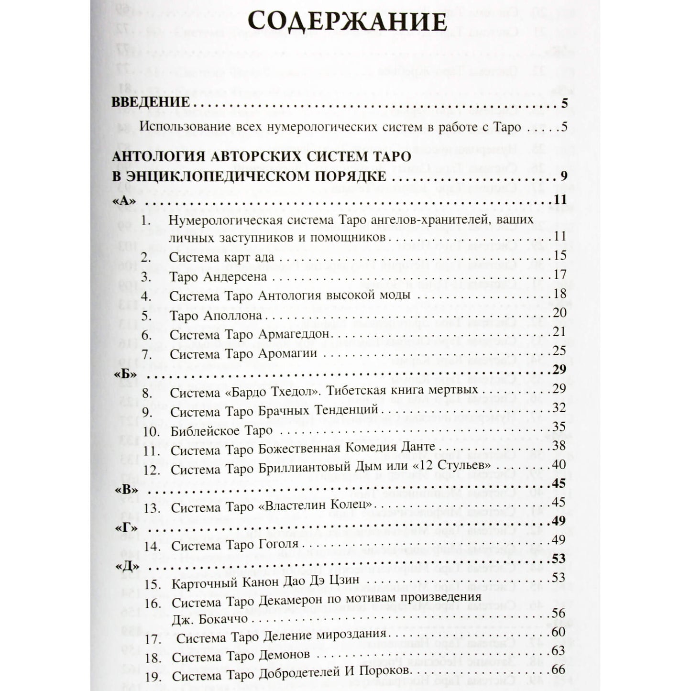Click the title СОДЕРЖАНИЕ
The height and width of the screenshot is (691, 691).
pos(348,22)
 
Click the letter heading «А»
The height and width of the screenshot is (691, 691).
pos(124,200)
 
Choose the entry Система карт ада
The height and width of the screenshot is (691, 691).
pos(221,257)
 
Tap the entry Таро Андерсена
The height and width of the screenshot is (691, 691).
pos(218,277)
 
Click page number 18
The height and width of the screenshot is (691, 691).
pos(559,293)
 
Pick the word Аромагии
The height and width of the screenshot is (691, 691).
pos(287,354)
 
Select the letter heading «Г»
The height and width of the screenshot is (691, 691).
pos(126,527)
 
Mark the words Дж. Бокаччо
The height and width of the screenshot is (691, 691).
pos(209,619)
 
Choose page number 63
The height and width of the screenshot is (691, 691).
pos(558,651)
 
